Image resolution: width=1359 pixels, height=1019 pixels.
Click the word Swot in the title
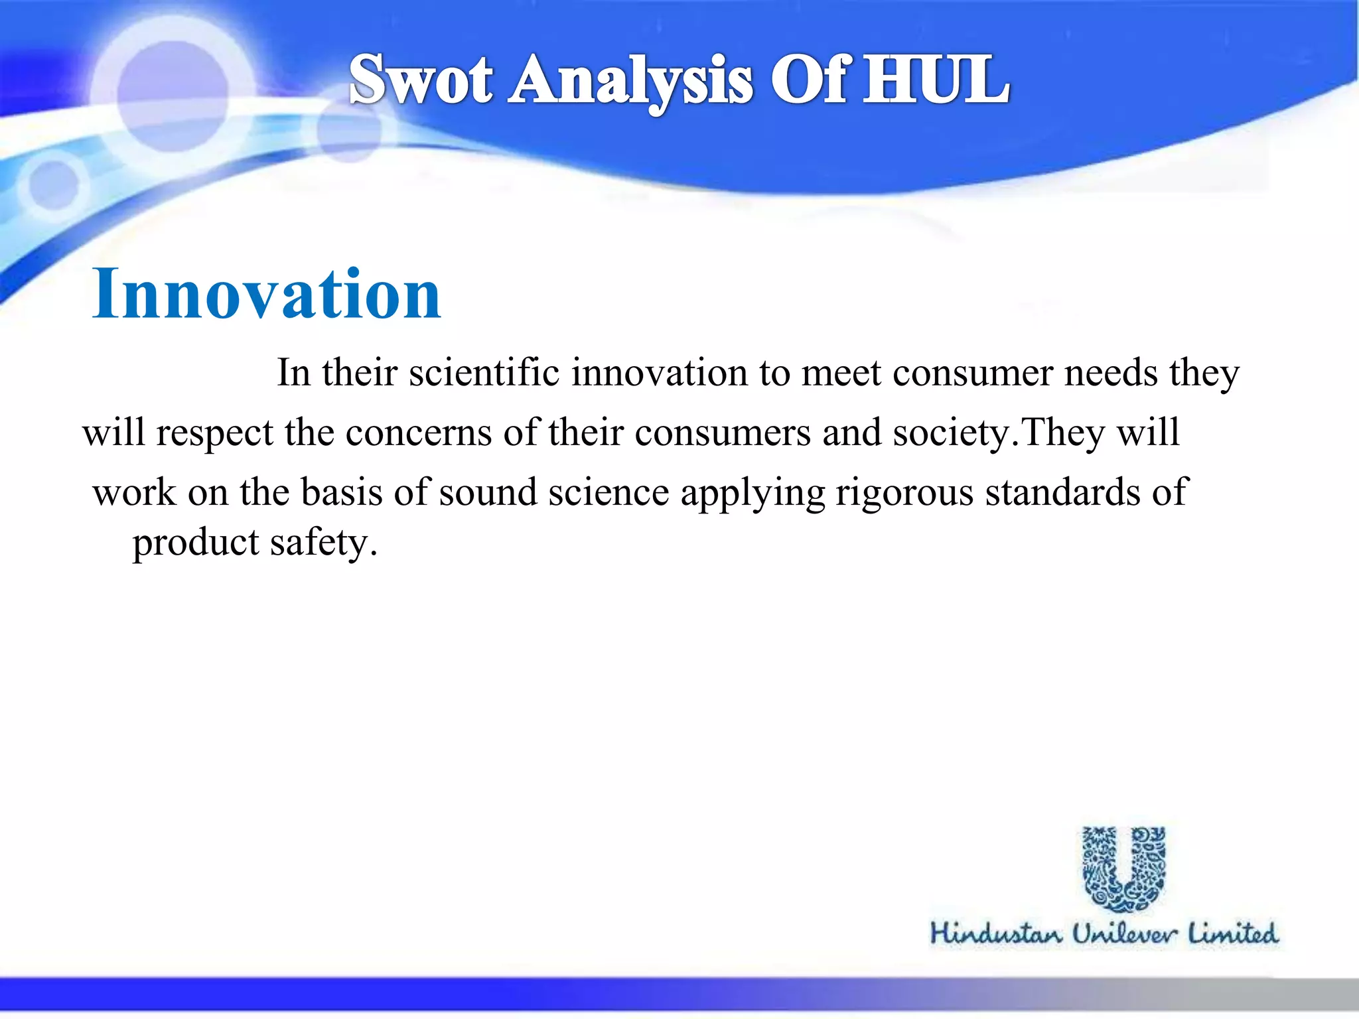pyautogui.click(x=421, y=81)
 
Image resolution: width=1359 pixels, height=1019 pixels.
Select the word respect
pyautogui.click(x=214, y=434)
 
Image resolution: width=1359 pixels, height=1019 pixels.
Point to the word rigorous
pyautogui.click(x=904, y=494)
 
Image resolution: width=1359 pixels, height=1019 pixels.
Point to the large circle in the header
pyautogui.click(x=173, y=95)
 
